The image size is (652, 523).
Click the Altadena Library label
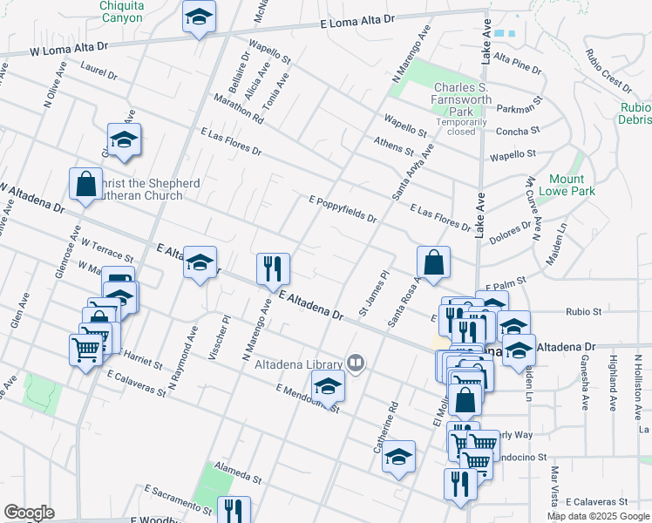(x=298, y=364)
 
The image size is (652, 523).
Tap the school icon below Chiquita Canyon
(x=199, y=17)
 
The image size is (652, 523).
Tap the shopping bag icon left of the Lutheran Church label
(x=86, y=184)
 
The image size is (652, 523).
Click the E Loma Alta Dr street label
(x=357, y=22)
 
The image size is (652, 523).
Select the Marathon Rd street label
(x=237, y=110)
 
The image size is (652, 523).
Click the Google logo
(x=29, y=513)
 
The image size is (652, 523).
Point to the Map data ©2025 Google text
(x=598, y=516)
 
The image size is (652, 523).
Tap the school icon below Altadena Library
(x=328, y=386)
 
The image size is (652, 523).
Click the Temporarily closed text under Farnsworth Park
(x=456, y=126)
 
